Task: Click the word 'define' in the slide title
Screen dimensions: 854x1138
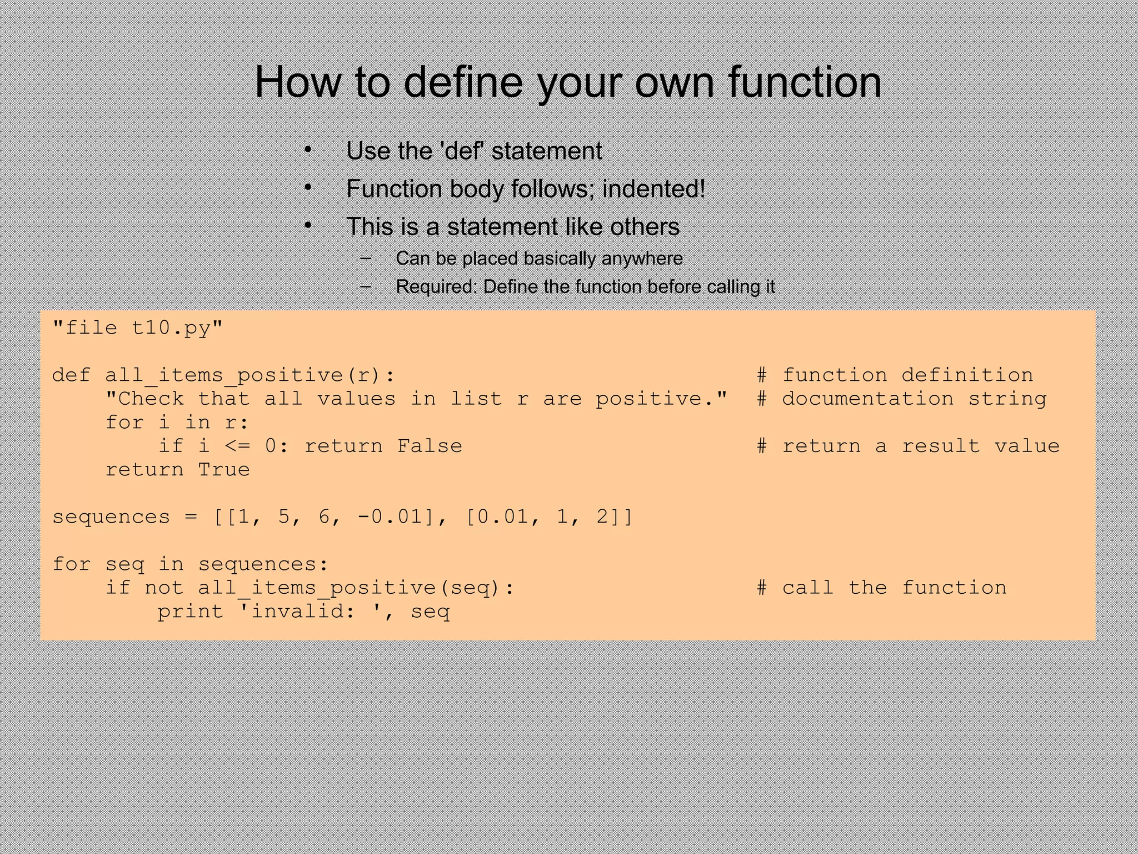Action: (463, 82)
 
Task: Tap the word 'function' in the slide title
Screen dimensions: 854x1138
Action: (804, 82)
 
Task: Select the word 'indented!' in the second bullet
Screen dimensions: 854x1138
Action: (653, 189)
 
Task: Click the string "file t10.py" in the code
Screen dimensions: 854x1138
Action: (137, 328)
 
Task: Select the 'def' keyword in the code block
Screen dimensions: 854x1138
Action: (71, 375)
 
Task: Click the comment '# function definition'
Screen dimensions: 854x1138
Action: (895, 375)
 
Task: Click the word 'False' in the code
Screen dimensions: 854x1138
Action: (430, 446)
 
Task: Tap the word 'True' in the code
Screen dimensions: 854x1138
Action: (224, 470)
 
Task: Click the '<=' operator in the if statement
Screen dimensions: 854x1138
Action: (237, 446)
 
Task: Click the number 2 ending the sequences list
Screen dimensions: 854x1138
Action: (602, 517)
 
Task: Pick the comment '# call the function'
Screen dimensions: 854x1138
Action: (881, 588)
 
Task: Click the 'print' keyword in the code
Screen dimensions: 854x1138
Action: (191, 612)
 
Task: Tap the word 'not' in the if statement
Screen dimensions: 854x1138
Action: (164, 588)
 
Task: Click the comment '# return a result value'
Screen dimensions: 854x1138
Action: (908, 446)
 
